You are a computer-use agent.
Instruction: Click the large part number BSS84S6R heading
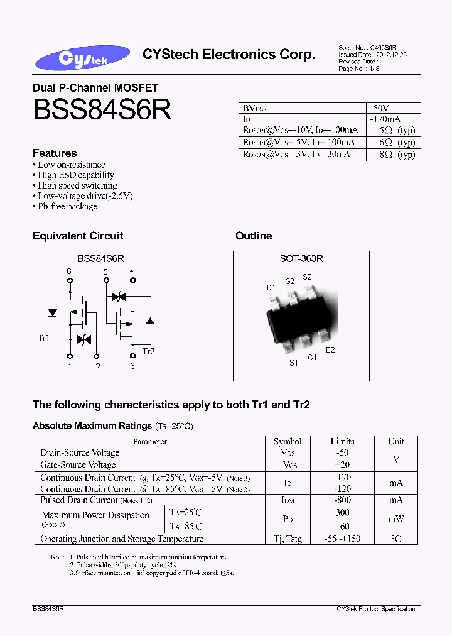coord(102,110)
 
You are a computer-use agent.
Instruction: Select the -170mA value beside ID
coord(385,119)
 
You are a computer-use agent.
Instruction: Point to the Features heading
coord(55,153)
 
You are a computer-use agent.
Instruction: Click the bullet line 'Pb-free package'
coord(67,206)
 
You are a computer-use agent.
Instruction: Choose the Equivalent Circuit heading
coord(77,236)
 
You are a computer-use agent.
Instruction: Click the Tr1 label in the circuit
coord(44,339)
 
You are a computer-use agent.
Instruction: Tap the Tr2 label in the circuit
coord(149,351)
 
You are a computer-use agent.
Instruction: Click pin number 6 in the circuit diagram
coord(69,271)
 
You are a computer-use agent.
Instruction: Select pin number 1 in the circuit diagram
coord(69,366)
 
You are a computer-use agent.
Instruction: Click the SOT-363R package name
coord(301,259)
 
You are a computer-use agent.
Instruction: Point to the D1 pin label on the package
coord(271,288)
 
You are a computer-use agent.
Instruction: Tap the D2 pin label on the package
coord(330,350)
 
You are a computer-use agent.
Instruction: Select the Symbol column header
coord(288,442)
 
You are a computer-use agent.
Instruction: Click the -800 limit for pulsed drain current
coord(342,500)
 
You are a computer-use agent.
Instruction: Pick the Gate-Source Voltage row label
coord(78,465)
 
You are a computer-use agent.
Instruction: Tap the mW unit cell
coord(395,519)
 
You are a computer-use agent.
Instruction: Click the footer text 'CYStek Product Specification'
coord(375,609)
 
